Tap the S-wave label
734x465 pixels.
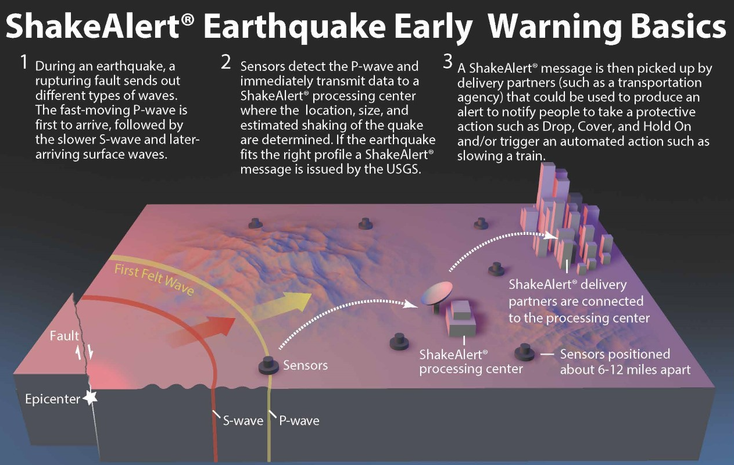[x=240, y=420]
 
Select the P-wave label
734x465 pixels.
[x=299, y=420]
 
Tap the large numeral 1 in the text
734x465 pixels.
[x=24, y=62]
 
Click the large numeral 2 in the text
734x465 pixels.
[x=226, y=62]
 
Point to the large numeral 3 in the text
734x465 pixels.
[x=447, y=62]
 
